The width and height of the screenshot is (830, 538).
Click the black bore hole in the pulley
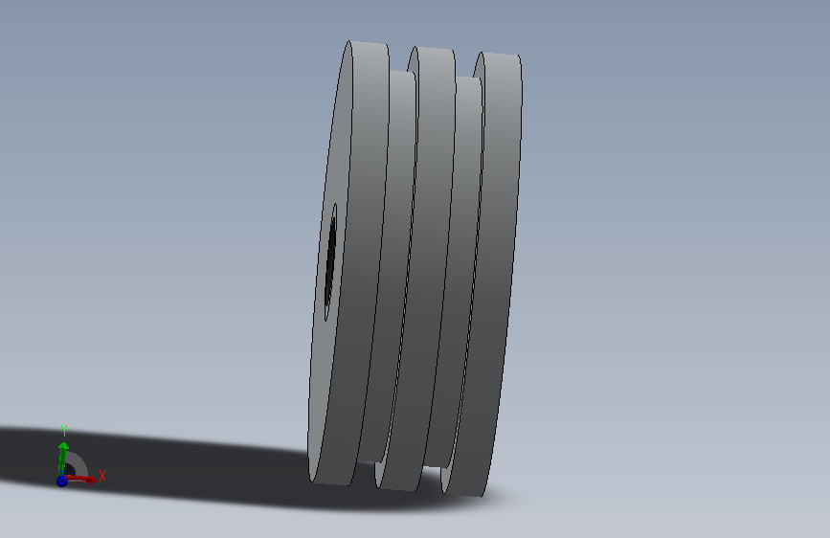tap(330, 262)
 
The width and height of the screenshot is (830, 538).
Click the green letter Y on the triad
tap(64, 431)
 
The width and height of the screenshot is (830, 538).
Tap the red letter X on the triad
tap(102, 476)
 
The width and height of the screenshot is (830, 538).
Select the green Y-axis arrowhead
tap(63, 446)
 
